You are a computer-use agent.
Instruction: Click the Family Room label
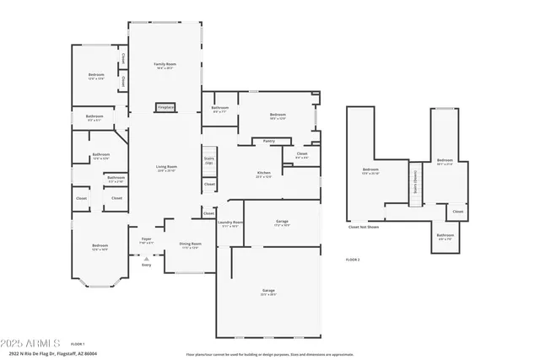(x=165, y=64)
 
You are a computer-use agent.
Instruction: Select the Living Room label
(x=165, y=167)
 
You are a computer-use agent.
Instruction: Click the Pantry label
(x=268, y=141)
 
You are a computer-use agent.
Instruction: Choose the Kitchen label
(x=263, y=174)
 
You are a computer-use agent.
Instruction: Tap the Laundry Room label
(x=230, y=224)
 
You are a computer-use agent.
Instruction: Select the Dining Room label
(x=190, y=244)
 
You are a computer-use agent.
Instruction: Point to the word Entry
(x=146, y=264)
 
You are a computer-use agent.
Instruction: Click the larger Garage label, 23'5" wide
(x=268, y=291)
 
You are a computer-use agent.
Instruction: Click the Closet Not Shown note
(x=364, y=226)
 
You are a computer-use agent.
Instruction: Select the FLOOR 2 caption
(x=353, y=260)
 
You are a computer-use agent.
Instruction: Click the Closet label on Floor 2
(x=456, y=211)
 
